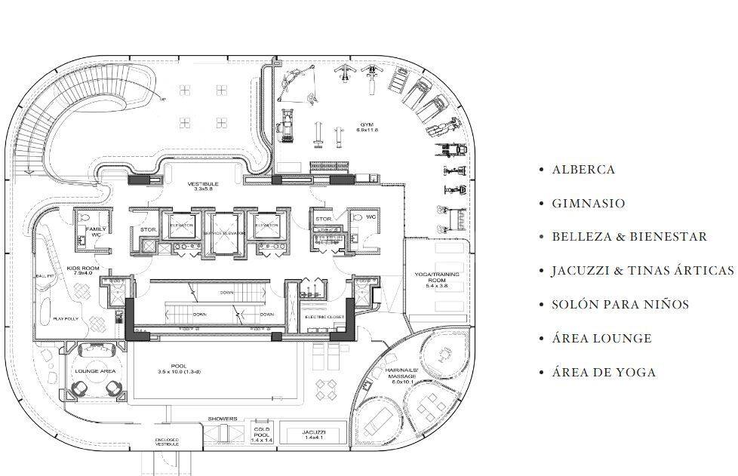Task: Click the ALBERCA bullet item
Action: click(583, 170)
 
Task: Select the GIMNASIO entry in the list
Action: click(588, 204)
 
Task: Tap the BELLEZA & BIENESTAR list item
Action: click(629, 237)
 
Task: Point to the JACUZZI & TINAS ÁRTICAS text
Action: click(642, 271)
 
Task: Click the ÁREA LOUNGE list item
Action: click(601, 339)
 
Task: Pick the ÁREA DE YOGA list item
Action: click(604, 373)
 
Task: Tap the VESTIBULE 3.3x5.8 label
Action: click(204, 186)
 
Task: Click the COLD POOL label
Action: click(261, 433)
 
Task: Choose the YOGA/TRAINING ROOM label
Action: click(432, 279)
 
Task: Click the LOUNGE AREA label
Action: click(96, 372)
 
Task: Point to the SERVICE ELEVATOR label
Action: click(224, 234)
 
